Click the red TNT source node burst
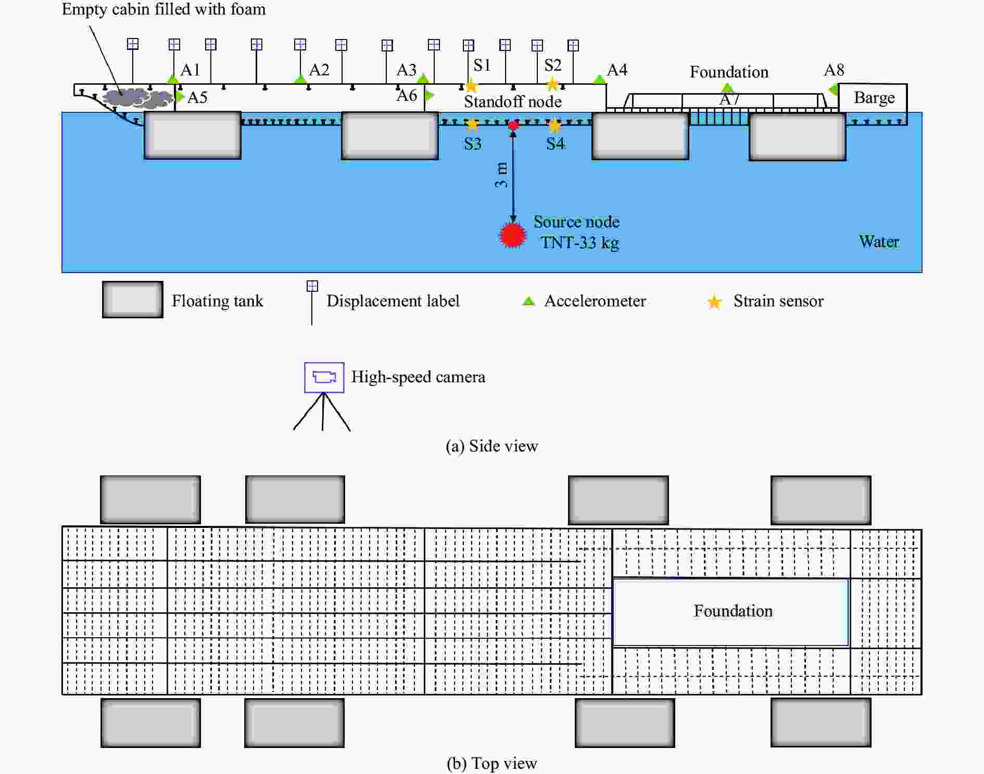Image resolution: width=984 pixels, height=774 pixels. click(513, 235)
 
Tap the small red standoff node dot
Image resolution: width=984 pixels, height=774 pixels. click(513, 125)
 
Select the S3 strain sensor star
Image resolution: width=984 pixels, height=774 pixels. click(472, 124)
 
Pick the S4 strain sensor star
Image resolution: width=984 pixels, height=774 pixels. click(555, 125)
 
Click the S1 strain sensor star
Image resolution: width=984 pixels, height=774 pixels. click(471, 86)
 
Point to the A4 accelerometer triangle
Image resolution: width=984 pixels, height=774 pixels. click(600, 80)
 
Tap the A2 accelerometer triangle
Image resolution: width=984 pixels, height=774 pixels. click(300, 79)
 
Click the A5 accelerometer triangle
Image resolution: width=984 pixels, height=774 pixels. click(180, 96)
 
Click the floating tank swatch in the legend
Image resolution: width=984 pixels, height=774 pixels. click(133, 300)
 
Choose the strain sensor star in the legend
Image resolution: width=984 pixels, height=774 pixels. click(715, 302)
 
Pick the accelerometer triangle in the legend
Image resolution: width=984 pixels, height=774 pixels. click(528, 301)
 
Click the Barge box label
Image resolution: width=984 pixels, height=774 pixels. click(874, 98)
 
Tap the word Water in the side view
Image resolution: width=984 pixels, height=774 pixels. click(879, 241)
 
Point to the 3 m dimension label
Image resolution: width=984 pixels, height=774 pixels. click(501, 175)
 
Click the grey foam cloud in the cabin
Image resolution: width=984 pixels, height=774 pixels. click(138, 98)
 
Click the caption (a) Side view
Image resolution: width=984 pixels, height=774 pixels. click(492, 446)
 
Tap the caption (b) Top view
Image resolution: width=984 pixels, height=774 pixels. click(492, 763)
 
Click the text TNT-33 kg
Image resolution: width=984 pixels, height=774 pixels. click(580, 243)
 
